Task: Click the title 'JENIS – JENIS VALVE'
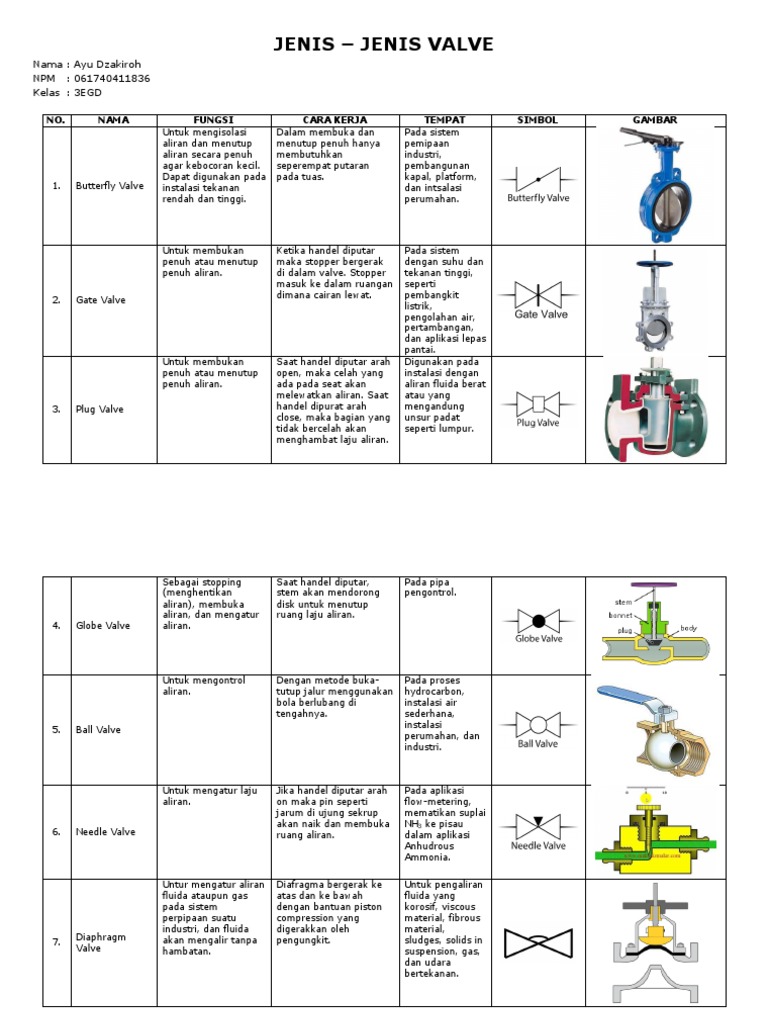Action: (384, 45)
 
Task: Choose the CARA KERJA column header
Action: (334, 120)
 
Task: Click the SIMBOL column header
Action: (537, 120)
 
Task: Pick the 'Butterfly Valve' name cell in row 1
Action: (110, 186)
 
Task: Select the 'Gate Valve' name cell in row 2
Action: (101, 300)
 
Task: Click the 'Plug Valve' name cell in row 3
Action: (100, 409)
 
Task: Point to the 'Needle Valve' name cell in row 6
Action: (105, 832)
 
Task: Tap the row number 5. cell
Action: (56, 730)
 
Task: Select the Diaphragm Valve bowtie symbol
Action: (537, 942)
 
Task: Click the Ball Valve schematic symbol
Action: (537, 722)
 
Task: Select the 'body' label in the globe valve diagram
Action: (688, 629)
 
